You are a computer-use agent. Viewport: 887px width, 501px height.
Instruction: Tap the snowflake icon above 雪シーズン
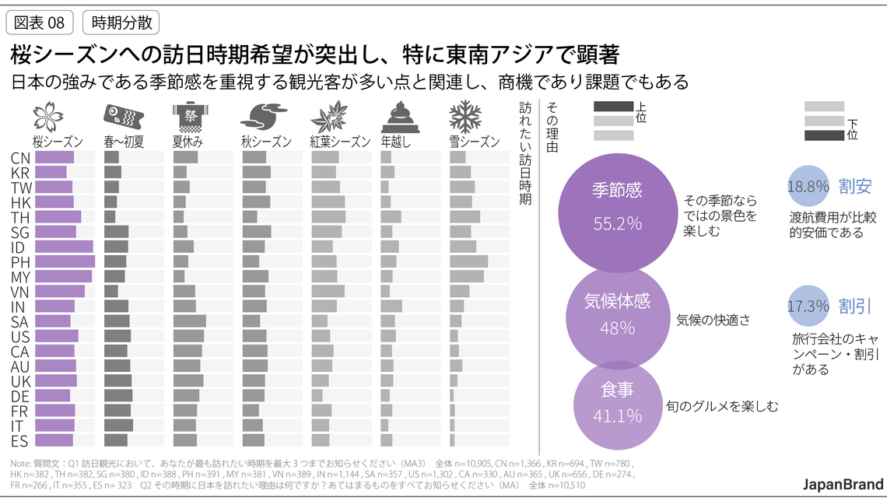(465, 117)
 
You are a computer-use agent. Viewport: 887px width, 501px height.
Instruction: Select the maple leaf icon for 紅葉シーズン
(328, 117)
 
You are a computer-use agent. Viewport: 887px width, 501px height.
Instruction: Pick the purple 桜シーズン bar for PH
(65, 261)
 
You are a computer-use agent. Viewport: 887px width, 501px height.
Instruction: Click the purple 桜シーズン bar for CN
(54, 157)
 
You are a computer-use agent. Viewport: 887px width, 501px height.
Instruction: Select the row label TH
(21, 217)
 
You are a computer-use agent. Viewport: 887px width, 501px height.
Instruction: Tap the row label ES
(21, 441)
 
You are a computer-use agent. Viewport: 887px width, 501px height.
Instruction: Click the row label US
(21, 336)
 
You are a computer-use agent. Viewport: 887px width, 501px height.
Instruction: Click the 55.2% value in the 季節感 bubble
(617, 224)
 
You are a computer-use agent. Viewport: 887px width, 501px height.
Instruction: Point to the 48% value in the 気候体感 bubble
(617, 328)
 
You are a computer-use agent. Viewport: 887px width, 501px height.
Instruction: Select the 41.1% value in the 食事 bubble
(617, 416)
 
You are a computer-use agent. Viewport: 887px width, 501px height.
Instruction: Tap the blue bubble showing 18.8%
(808, 187)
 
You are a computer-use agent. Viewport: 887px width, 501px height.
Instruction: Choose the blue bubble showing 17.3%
(808, 307)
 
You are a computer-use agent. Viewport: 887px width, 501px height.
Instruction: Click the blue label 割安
(855, 187)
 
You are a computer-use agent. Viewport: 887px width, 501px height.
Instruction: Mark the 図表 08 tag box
(40, 23)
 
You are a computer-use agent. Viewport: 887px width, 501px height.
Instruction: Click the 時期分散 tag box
(121, 23)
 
